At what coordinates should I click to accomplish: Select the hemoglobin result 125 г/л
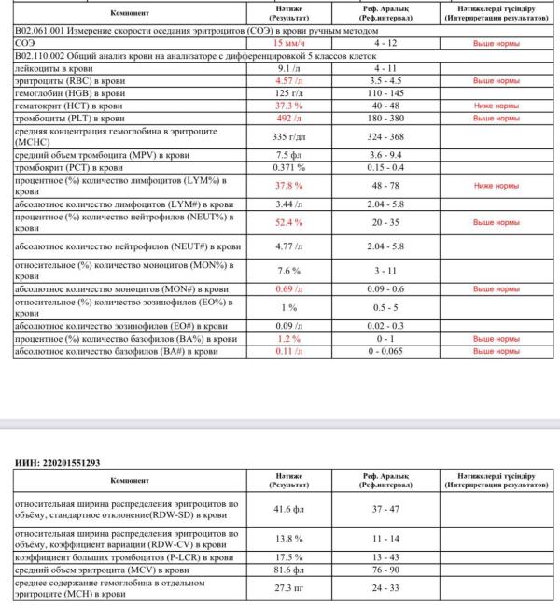point(289,94)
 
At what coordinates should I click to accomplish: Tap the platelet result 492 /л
point(289,120)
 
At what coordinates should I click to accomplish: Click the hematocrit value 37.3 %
point(289,106)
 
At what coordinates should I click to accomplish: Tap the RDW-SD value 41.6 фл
point(289,511)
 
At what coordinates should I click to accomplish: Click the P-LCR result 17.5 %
point(289,556)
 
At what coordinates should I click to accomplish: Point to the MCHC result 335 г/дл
point(289,136)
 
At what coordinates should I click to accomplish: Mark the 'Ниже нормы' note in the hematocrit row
point(496,106)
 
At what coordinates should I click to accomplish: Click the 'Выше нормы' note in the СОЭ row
point(496,44)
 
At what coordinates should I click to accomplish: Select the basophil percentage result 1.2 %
point(289,339)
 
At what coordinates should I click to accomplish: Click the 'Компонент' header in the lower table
point(126,480)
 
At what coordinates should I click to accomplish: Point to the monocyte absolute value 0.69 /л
point(289,289)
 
